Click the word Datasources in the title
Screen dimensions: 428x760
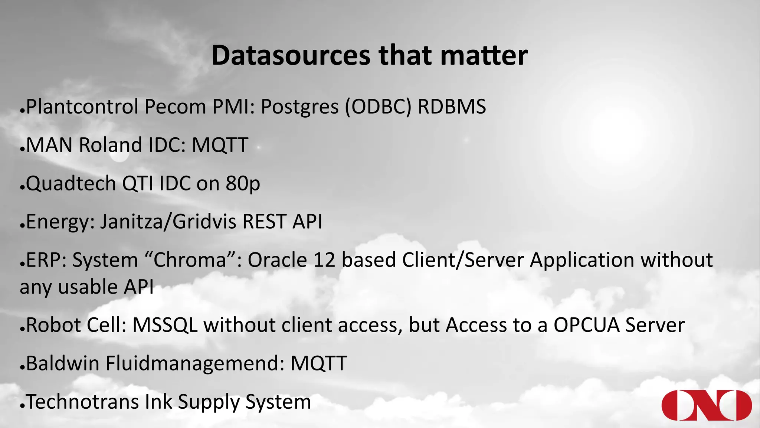[x=291, y=56]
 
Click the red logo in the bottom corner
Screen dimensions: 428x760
[x=706, y=405]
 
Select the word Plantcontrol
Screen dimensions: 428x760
[x=82, y=107]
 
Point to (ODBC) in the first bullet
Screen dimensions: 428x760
[x=378, y=107]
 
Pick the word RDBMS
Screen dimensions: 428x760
[x=452, y=107]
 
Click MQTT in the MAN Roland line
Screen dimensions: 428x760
[x=220, y=145]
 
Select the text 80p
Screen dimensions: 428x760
[x=243, y=184]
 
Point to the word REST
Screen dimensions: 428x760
[x=264, y=222]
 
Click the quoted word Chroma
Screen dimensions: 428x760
[x=190, y=260]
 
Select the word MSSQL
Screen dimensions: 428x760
[x=165, y=325]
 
